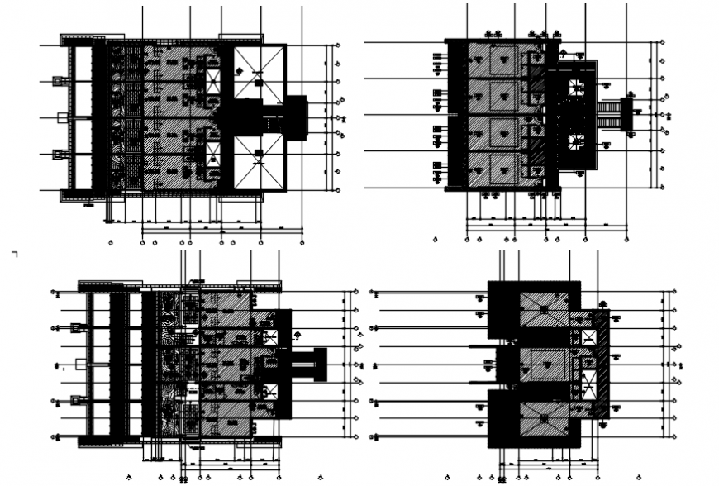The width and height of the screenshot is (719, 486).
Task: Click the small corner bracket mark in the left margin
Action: point(14,254)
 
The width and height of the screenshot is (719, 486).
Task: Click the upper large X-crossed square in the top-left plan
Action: point(259,73)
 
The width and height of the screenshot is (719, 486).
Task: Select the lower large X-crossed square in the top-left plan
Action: point(259,162)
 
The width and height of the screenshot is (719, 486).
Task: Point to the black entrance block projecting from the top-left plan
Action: point(295,117)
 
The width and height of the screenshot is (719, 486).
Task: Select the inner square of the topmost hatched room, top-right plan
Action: point(502,62)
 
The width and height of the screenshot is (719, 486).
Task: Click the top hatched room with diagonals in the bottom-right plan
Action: point(543,308)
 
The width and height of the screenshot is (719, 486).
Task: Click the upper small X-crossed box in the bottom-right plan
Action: point(588,337)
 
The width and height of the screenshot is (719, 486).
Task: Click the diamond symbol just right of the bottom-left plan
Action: point(297,334)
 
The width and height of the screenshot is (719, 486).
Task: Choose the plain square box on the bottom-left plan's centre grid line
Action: point(80,364)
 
